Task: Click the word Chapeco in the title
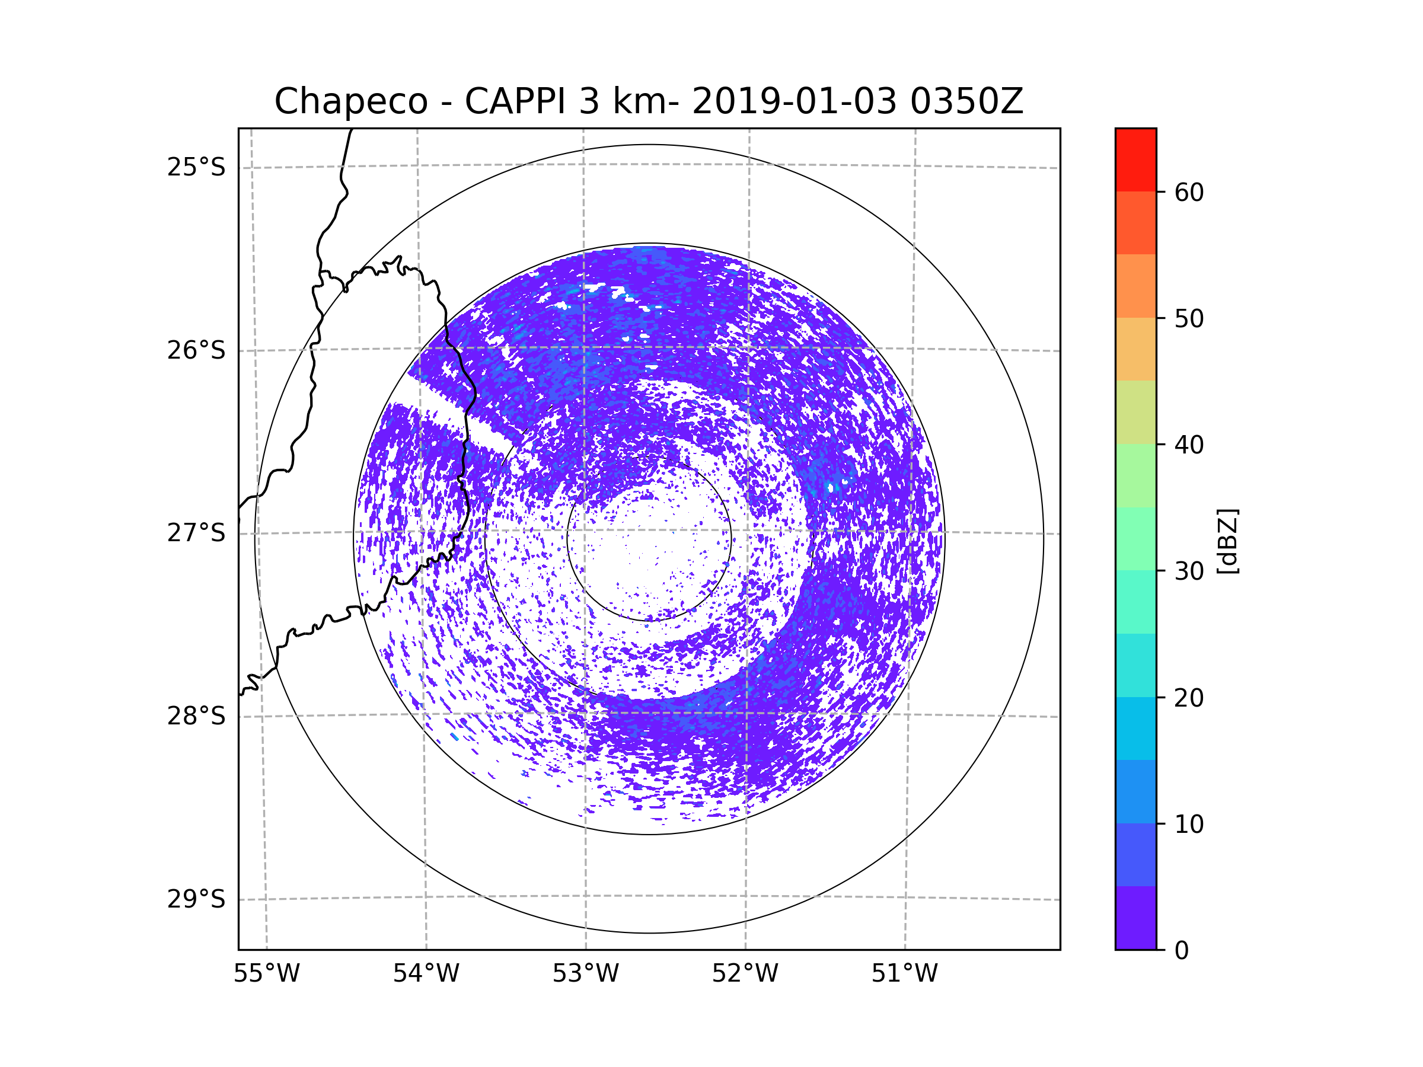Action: click(x=350, y=101)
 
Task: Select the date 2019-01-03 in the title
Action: click(x=794, y=101)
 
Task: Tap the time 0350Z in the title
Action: click(x=966, y=101)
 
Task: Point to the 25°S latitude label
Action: click(x=196, y=167)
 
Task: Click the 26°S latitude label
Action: click(x=196, y=350)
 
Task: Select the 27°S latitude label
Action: click(x=196, y=533)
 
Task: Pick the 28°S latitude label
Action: click(x=196, y=716)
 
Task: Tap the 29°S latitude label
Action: click(x=196, y=899)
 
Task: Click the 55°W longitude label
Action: click(x=266, y=974)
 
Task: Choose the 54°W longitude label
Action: click(x=426, y=974)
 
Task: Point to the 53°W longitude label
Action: click(x=585, y=974)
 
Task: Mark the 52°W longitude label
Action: click(x=745, y=974)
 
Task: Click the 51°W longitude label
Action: click(x=904, y=974)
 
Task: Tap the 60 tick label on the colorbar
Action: click(x=1189, y=192)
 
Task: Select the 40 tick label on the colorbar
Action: click(x=1189, y=445)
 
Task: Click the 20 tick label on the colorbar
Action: click(x=1189, y=698)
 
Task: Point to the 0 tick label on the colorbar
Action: click(x=1182, y=951)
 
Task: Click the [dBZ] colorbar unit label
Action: click(x=1227, y=541)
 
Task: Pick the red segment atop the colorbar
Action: click(x=1135, y=159)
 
